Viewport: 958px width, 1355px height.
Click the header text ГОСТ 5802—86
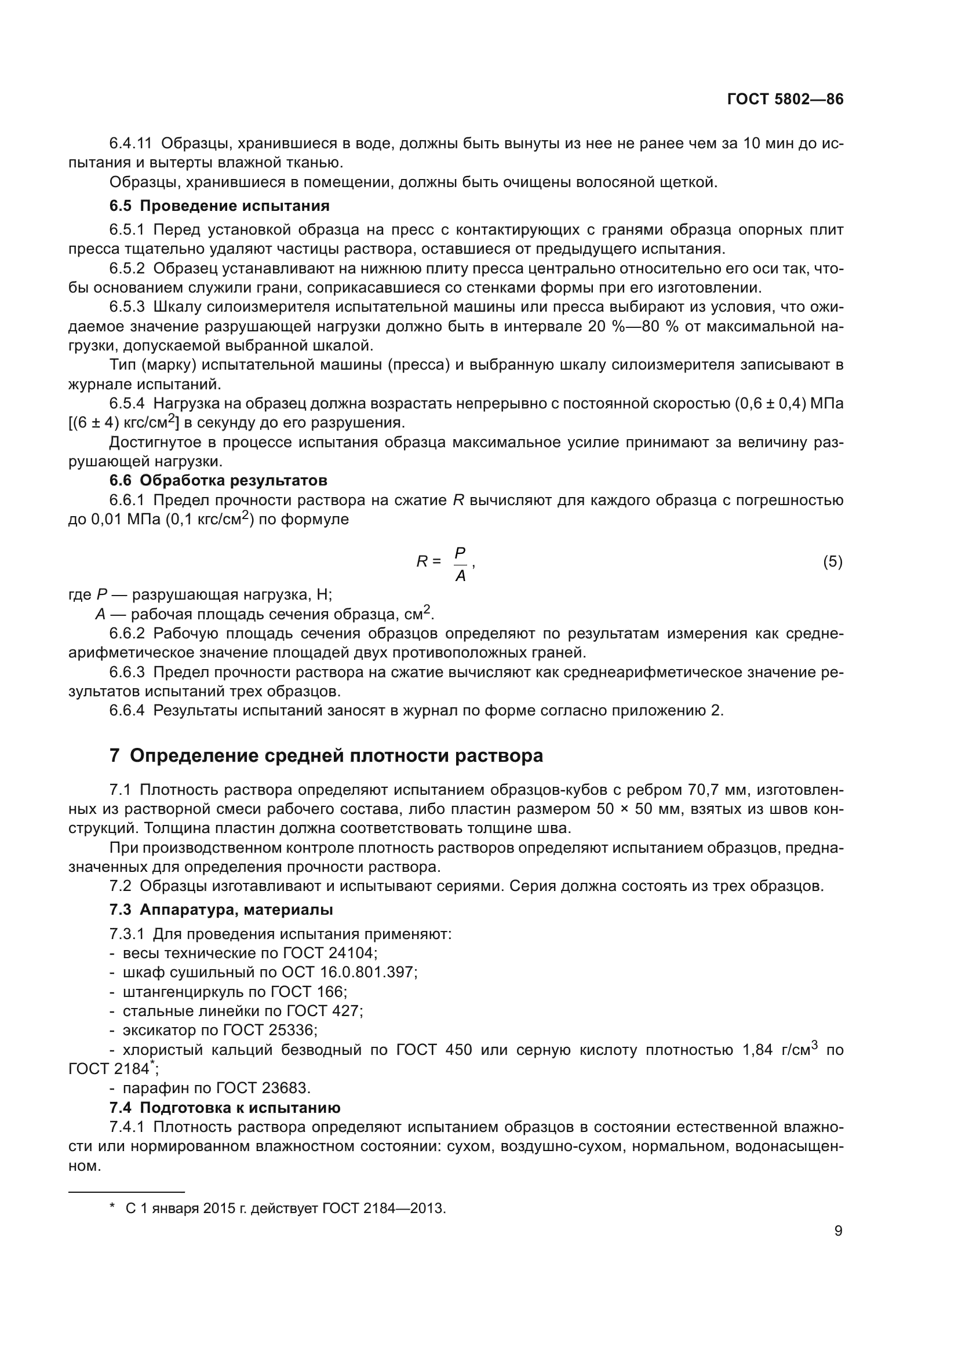(785, 99)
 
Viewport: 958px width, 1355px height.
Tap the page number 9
(838, 1230)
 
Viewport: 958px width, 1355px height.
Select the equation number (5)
(832, 562)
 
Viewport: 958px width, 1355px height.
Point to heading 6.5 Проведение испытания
(219, 206)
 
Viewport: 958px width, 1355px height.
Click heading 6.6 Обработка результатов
(218, 480)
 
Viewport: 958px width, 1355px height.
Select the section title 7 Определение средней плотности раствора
(326, 755)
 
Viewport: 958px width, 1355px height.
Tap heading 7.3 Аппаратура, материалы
(221, 910)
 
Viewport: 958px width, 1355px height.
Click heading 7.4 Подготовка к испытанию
(224, 1108)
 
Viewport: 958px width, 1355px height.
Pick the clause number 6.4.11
(130, 144)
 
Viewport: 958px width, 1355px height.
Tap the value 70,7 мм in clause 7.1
(719, 790)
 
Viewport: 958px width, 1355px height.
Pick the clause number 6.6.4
(126, 710)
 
